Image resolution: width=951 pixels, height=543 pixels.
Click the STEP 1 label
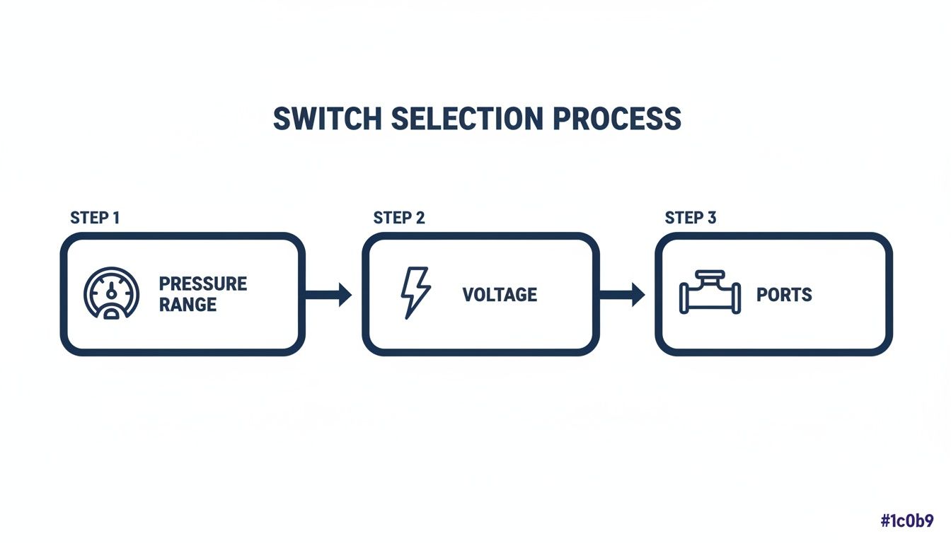tap(95, 218)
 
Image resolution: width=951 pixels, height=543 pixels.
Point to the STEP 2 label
tap(399, 218)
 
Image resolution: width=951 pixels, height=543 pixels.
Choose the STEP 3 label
tap(691, 218)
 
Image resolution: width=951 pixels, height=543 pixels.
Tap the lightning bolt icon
tap(415, 293)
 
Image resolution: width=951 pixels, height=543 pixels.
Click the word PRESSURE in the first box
tap(202, 284)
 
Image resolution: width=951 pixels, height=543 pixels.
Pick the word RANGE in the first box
tap(188, 305)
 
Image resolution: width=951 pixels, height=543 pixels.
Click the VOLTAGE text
tap(500, 295)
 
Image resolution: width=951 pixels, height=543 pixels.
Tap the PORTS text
tap(784, 295)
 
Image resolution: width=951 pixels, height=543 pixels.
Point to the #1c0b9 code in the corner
tap(907, 522)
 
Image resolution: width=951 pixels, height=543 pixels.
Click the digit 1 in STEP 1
tap(115, 218)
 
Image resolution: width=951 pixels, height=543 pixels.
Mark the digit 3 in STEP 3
tap(712, 218)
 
